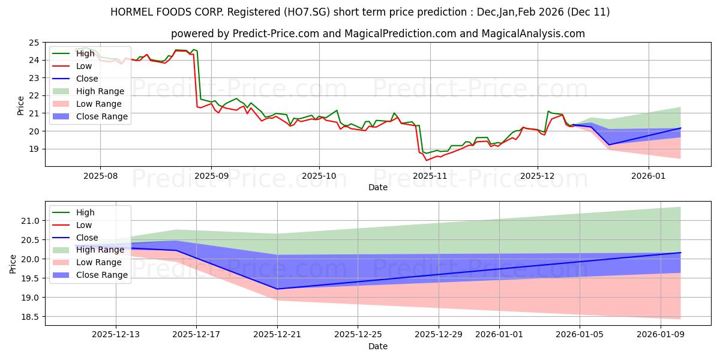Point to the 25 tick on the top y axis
click(x=34, y=43)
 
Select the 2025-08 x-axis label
click(x=100, y=176)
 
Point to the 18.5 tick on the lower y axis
click(x=30, y=317)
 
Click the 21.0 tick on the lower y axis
click(x=30, y=221)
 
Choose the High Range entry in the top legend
click(x=100, y=91)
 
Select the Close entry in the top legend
click(x=87, y=79)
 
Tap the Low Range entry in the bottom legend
click(x=99, y=262)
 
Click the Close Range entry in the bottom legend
click(x=101, y=275)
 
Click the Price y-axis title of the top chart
click(x=20, y=105)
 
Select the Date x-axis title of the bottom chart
click(x=378, y=346)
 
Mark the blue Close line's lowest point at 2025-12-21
click(x=277, y=289)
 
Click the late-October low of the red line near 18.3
click(x=427, y=160)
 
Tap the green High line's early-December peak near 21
click(x=548, y=111)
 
